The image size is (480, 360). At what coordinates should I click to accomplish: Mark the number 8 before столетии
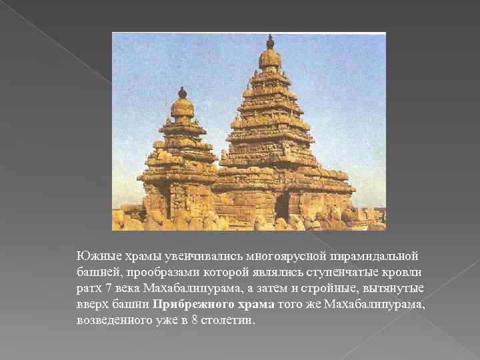point(192,320)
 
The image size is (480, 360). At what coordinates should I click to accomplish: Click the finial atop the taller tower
point(269,41)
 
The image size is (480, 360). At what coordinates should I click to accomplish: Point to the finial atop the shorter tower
point(182,91)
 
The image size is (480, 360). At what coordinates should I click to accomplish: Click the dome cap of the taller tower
point(269,59)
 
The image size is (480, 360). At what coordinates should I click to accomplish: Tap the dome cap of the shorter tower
point(182,107)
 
